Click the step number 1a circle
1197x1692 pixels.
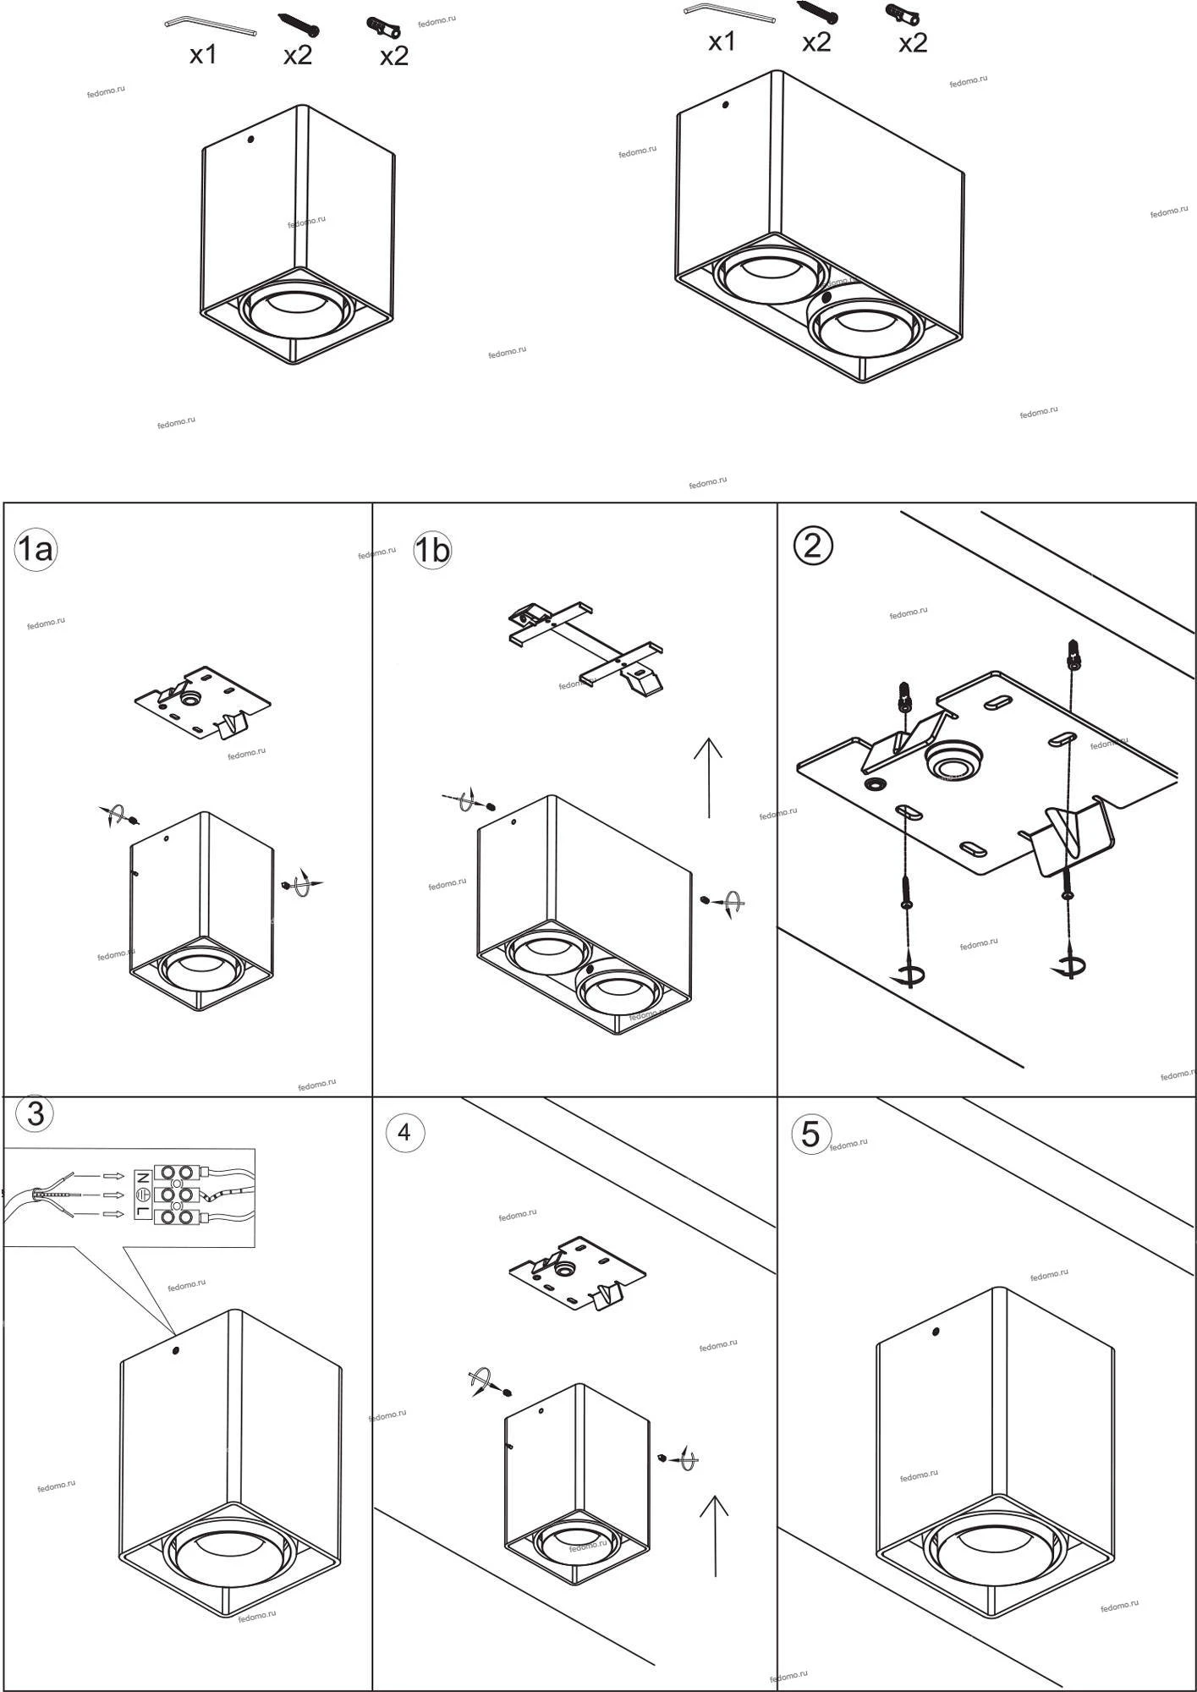(35, 550)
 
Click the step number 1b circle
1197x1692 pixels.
(431, 551)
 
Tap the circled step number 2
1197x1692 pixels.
(812, 546)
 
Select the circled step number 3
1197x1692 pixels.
(36, 1113)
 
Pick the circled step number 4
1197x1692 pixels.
(404, 1132)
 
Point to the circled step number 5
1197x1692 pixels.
(810, 1134)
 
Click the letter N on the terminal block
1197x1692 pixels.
(142, 1177)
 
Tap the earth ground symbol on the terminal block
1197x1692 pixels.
(142, 1195)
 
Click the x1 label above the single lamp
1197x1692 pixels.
(203, 55)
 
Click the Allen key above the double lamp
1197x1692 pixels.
(729, 12)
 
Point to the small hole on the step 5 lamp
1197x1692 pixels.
(936, 1332)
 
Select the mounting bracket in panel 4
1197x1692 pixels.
(578, 1272)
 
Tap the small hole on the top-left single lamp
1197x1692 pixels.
(250, 139)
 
